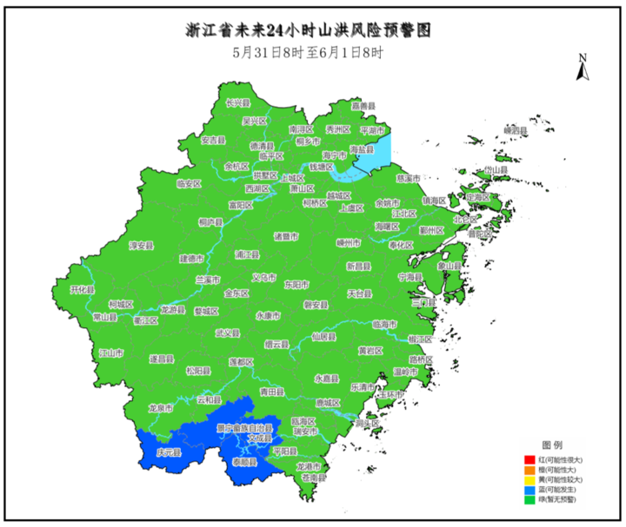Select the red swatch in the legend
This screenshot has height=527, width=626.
click(x=528, y=458)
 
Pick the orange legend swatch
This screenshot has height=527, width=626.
click(x=528, y=469)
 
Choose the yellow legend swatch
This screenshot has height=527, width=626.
click(x=528, y=479)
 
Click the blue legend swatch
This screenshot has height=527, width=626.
click(x=528, y=490)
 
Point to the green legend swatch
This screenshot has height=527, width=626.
click(x=528, y=500)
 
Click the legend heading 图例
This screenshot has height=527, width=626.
click(x=553, y=444)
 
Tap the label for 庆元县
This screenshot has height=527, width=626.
click(x=168, y=453)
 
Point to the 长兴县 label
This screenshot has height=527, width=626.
click(x=237, y=102)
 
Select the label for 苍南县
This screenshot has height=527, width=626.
click(x=312, y=478)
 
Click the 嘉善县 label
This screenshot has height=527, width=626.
click(x=363, y=106)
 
